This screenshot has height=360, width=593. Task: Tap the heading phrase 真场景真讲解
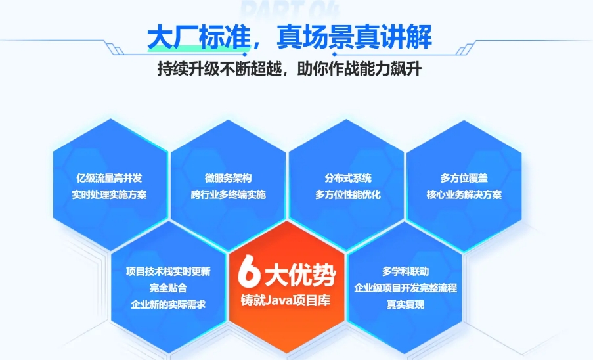coord(354,37)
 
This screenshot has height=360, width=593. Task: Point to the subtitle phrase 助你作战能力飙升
coord(364,69)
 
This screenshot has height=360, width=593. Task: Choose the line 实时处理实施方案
coord(109,195)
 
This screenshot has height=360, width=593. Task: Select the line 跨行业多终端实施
coord(228,195)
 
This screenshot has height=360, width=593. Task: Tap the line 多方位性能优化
coord(347,195)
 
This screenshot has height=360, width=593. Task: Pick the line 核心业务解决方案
coord(464,195)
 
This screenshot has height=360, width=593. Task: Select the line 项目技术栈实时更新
coord(169,271)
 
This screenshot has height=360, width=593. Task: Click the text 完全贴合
coord(168,288)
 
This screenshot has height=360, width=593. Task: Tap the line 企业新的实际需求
coord(169,305)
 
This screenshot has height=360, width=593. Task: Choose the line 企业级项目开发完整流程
coord(405,288)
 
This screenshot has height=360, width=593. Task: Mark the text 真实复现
coord(405,305)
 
